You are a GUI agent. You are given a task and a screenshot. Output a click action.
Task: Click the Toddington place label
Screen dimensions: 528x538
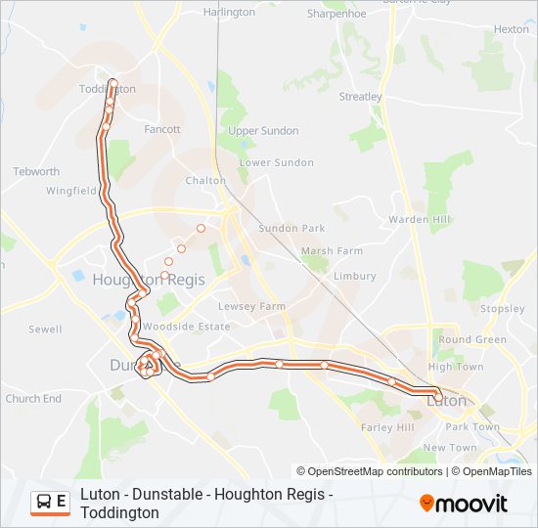coord(108,88)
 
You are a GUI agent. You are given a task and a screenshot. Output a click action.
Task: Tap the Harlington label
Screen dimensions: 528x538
coord(228,13)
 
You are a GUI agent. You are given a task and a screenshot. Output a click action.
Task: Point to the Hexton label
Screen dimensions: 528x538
coord(511,29)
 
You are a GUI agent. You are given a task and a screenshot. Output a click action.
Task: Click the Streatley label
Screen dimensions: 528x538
coord(360,97)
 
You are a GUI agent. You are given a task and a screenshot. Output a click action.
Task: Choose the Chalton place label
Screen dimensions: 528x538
coord(205,180)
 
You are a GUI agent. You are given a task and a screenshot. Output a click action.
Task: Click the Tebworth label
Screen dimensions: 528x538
coord(36,171)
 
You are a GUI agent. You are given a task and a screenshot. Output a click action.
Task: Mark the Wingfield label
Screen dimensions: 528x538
coord(70,191)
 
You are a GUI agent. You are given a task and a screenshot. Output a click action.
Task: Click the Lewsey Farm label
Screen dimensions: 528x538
coord(258,306)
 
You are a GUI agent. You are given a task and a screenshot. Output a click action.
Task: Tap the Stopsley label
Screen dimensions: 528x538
coord(503,309)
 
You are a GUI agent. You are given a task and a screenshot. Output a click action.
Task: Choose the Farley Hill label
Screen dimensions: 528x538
coord(387,427)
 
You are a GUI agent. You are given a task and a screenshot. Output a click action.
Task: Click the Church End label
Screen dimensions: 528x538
coord(33,399)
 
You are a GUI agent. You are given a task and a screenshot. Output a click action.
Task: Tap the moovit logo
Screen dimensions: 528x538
coord(464,503)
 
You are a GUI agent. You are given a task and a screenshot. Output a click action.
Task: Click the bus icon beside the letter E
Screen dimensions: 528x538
coord(44,503)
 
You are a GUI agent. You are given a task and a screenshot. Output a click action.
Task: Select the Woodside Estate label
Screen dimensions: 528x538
coord(194,327)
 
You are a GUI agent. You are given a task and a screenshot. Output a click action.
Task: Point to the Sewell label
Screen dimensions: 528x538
coord(45,330)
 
